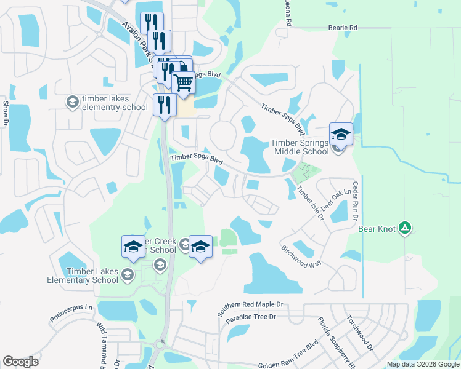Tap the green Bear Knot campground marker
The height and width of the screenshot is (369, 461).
405,229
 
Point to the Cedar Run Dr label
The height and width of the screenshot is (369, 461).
356,197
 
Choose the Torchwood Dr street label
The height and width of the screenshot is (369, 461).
360,333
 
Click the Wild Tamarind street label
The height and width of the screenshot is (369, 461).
101,344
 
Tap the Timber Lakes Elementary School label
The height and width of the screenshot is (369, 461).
82,276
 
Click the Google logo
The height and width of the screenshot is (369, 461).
20,362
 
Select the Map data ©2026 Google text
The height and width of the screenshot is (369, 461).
422,364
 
